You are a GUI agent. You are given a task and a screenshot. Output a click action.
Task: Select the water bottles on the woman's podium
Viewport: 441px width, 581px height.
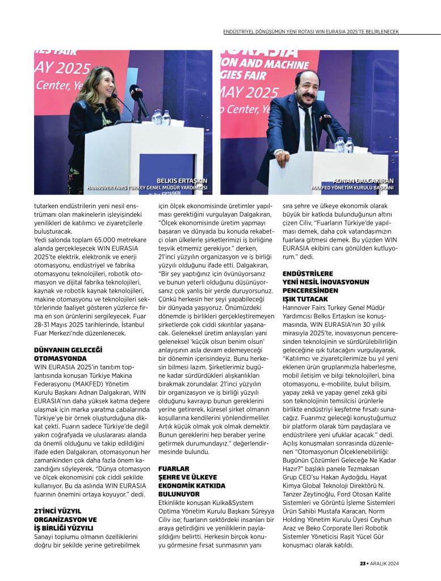(161, 117)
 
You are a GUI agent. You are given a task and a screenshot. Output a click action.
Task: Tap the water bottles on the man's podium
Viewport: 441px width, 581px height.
(344, 145)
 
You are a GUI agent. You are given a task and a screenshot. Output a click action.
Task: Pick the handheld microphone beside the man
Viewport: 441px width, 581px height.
(329, 125)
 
